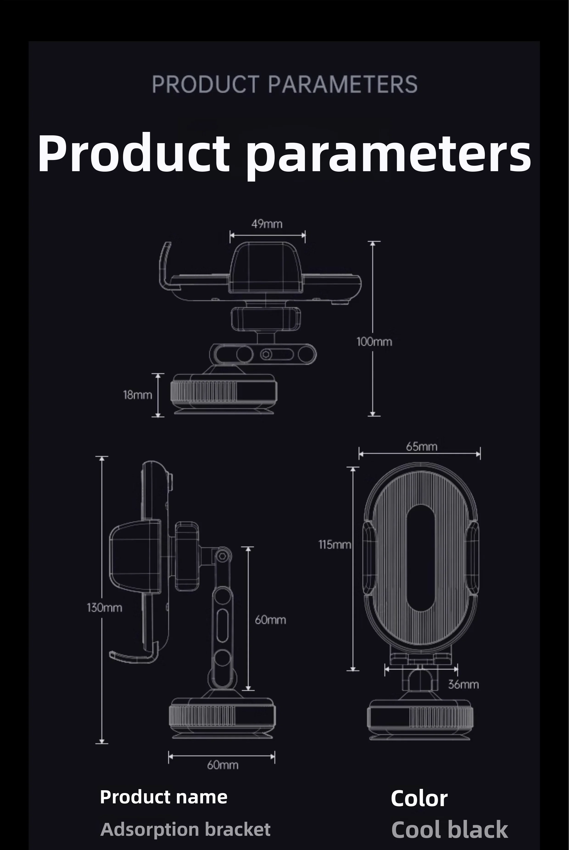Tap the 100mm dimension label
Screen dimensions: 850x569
tap(374, 342)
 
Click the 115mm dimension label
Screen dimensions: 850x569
tap(335, 544)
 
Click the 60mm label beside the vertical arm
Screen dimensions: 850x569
tap(270, 619)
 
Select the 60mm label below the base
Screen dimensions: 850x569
tap(223, 765)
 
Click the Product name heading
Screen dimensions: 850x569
tap(164, 797)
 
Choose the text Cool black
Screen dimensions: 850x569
tap(449, 830)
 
